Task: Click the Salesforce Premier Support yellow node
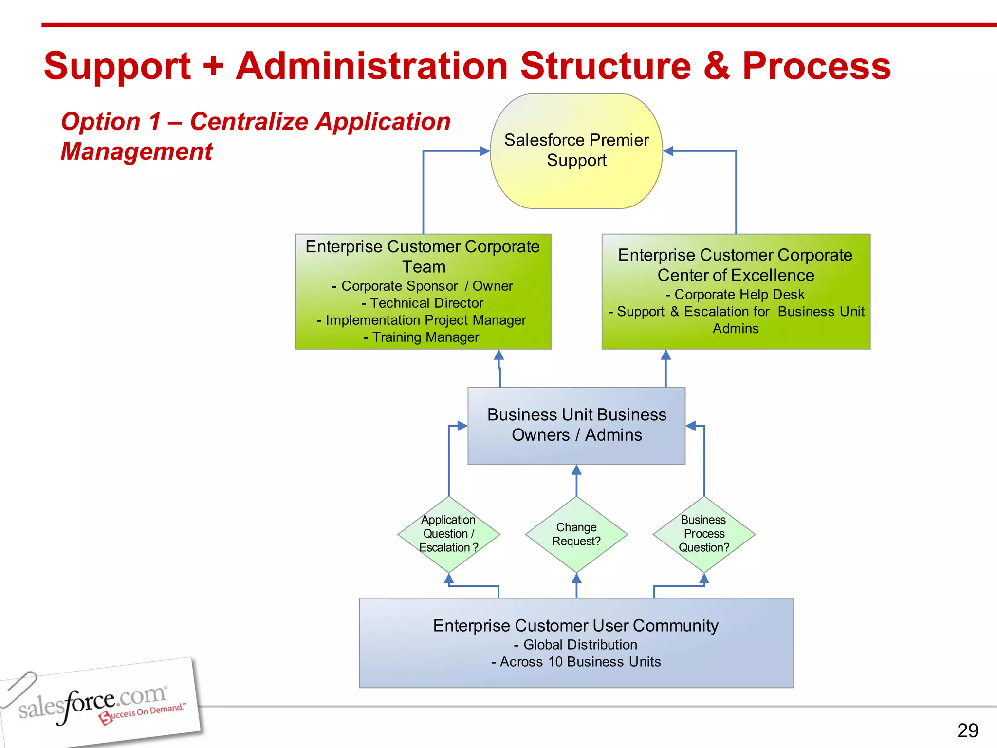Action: (x=576, y=151)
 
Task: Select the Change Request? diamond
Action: (x=576, y=534)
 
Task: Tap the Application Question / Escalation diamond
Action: (x=448, y=534)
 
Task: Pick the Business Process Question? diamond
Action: (x=704, y=534)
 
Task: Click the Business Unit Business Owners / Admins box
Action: (x=576, y=425)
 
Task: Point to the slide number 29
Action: (x=967, y=730)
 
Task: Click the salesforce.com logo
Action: (x=97, y=704)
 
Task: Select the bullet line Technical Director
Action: (x=423, y=303)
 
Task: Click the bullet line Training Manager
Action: (x=422, y=337)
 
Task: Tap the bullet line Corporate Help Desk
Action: (x=736, y=295)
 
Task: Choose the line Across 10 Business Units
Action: (x=576, y=662)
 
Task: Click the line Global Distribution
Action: (x=576, y=645)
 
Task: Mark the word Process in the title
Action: (x=816, y=66)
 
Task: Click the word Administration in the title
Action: (x=372, y=66)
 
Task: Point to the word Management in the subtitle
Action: (x=137, y=151)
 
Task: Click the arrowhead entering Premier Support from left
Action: (x=485, y=151)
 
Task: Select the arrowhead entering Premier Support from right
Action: (x=668, y=151)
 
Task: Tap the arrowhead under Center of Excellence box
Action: (x=666, y=355)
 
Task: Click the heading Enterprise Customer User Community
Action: (x=576, y=625)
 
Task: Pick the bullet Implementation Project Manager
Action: (x=422, y=320)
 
